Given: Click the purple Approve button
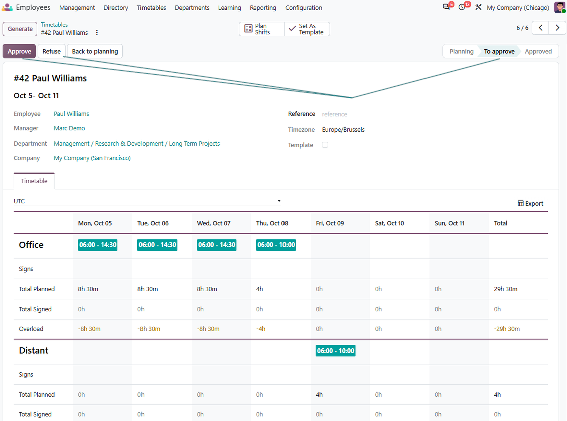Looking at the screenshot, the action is (x=19, y=51).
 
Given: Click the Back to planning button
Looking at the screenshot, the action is (x=95, y=51).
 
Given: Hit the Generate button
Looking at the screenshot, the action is (x=20, y=29).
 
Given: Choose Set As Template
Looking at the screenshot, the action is (x=307, y=29).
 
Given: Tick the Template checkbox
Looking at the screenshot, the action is (x=325, y=145).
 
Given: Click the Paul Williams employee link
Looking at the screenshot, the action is (x=71, y=114).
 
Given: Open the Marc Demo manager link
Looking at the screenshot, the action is (x=69, y=128).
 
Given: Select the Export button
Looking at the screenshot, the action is (x=530, y=203).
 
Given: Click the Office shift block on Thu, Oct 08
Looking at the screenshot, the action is (x=276, y=245).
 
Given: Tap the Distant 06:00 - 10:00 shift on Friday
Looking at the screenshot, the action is (x=336, y=351).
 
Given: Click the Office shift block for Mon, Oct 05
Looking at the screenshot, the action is (x=98, y=245).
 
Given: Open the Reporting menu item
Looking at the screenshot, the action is (x=263, y=8).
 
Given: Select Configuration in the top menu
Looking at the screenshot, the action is (x=304, y=8).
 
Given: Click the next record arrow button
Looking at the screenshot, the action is (x=557, y=28).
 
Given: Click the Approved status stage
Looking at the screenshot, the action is (x=538, y=51).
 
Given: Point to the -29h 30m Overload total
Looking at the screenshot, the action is (x=507, y=329).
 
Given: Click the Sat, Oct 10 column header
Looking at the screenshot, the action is (x=389, y=223).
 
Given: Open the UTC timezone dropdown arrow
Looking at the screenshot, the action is (x=279, y=201).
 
